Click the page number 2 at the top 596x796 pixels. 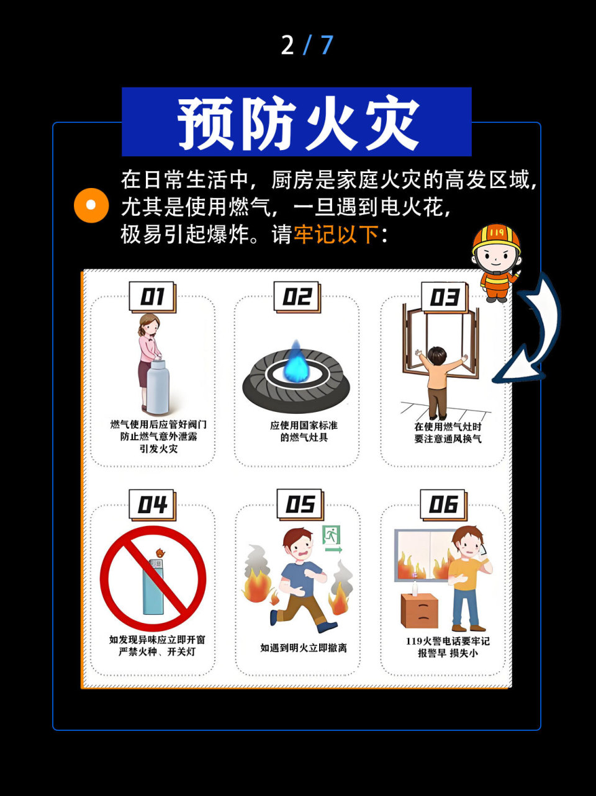pyautogui.click(x=287, y=45)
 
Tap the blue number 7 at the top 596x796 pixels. pyautogui.click(x=327, y=45)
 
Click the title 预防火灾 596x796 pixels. pyautogui.click(x=297, y=122)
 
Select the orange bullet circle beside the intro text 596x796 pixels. pyautogui.click(x=91, y=205)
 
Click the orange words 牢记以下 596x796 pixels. pyautogui.click(x=336, y=235)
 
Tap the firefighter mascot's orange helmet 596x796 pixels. pyautogui.click(x=495, y=238)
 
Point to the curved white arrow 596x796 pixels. pyautogui.click(x=534, y=335)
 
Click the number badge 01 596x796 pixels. pyautogui.click(x=152, y=297)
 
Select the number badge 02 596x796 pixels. pyautogui.click(x=297, y=297)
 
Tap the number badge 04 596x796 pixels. pyautogui.click(x=152, y=505)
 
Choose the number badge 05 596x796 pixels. pyautogui.click(x=300, y=504)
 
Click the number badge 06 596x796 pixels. pyautogui.click(x=443, y=505)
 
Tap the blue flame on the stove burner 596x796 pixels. pyautogui.click(x=296, y=363)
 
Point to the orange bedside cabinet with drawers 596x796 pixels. pyautogui.click(x=419, y=611)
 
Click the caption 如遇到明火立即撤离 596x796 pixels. pyautogui.click(x=304, y=648)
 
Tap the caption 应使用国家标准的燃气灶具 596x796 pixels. pyautogui.click(x=304, y=431)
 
